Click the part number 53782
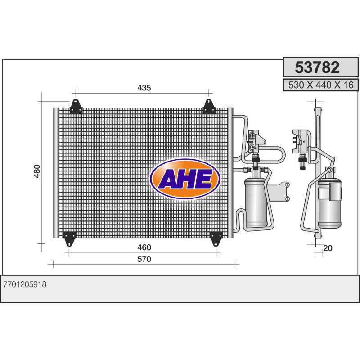click(x=317, y=67)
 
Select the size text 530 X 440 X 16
click(x=321, y=85)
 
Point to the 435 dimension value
click(x=144, y=88)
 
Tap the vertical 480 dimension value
click(x=37, y=171)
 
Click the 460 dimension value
click(x=144, y=247)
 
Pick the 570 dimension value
click(x=144, y=259)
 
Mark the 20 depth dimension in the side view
click(x=328, y=248)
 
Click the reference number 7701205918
click(x=25, y=284)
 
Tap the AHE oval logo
click(x=185, y=179)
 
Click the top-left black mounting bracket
click(x=76, y=107)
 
